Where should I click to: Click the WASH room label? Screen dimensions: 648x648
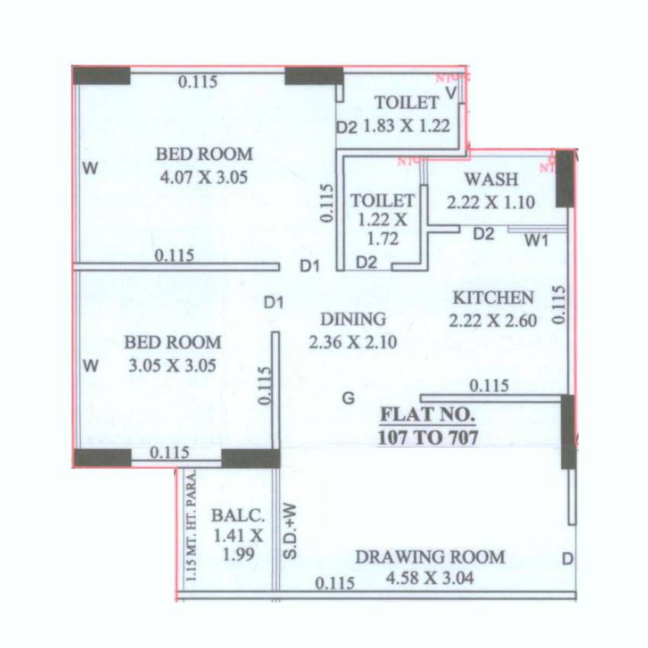(491, 180)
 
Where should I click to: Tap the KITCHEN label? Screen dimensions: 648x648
(493, 297)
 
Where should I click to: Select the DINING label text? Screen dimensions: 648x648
(353, 319)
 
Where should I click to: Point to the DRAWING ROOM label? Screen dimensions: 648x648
(430, 557)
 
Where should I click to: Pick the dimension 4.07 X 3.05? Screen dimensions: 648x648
(204, 177)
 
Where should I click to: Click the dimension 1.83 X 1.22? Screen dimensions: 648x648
(406, 126)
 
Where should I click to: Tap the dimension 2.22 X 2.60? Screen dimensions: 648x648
(493, 320)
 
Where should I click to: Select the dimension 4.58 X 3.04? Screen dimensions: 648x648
(430, 579)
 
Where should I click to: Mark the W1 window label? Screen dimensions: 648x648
(537, 241)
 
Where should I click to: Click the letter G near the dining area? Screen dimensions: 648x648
(348, 397)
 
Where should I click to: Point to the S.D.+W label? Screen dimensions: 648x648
(290, 531)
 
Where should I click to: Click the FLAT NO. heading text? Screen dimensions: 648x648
(428, 416)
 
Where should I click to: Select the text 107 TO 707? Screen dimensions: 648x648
(428, 438)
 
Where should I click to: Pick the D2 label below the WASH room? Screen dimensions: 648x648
(484, 234)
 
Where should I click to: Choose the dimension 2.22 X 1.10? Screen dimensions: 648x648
(491, 203)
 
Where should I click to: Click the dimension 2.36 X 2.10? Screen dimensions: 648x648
(353, 342)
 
